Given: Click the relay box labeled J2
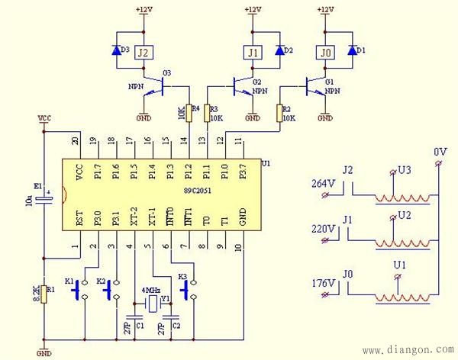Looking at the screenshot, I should pyautogui.click(x=143, y=52).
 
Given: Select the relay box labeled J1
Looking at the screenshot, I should pyautogui.click(x=253, y=52).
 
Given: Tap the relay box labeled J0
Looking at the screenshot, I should pyautogui.click(x=324, y=52).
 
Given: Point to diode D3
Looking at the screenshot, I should pyautogui.click(x=118, y=51).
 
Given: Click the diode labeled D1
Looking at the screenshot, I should pyautogui.click(x=351, y=51).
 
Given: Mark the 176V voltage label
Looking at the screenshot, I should pyautogui.click(x=323, y=283).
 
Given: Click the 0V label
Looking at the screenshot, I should pyautogui.click(x=440, y=153).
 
